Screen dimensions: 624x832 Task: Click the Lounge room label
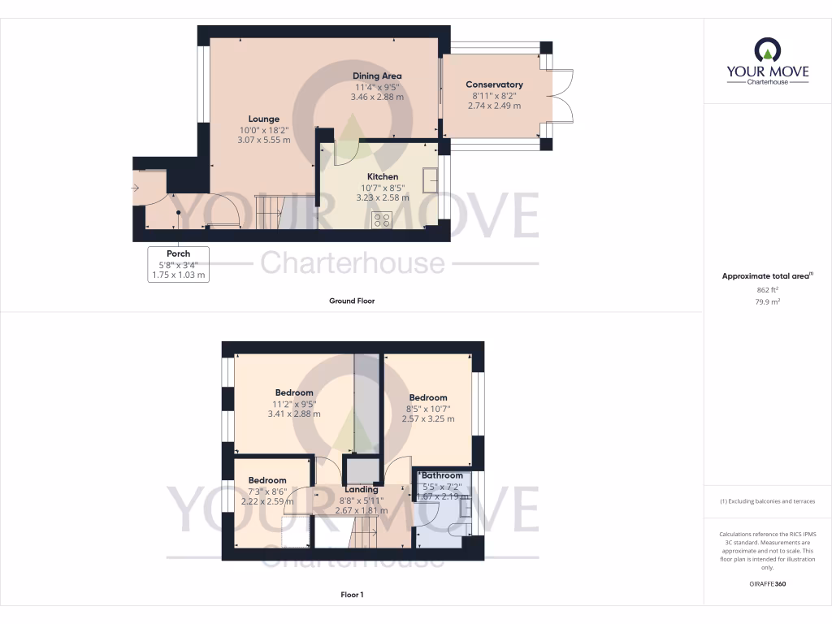pyautogui.click(x=264, y=119)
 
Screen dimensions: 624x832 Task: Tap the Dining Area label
pyautogui.click(x=377, y=76)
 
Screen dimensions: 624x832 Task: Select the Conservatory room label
pyautogui.click(x=494, y=84)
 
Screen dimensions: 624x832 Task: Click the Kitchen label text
pyautogui.click(x=383, y=176)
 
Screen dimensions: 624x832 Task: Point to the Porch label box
pyautogui.click(x=178, y=264)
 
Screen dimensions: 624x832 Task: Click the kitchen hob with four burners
pyautogui.click(x=382, y=219)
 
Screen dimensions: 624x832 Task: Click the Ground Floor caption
pyautogui.click(x=352, y=301)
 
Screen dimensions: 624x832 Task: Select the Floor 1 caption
pyautogui.click(x=352, y=595)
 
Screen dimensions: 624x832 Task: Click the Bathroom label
pyautogui.click(x=442, y=475)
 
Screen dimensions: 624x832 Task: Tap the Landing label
pyautogui.click(x=362, y=489)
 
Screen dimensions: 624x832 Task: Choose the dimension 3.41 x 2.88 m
pyautogui.click(x=294, y=414)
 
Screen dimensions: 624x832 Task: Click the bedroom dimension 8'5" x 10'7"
pyautogui.click(x=428, y=409)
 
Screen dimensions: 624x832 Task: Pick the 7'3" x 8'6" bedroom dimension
pyautogui.click(x=267, y=491)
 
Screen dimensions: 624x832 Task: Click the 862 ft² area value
pyautogui.click(x=767, y=289)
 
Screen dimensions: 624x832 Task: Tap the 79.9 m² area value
pyautogui.click(x=767, y=301)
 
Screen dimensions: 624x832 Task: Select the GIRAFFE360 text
pyautogui.click(x=767, y=583)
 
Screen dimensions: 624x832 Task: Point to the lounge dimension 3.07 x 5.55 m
pyautogui.click(x=264, y=140)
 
